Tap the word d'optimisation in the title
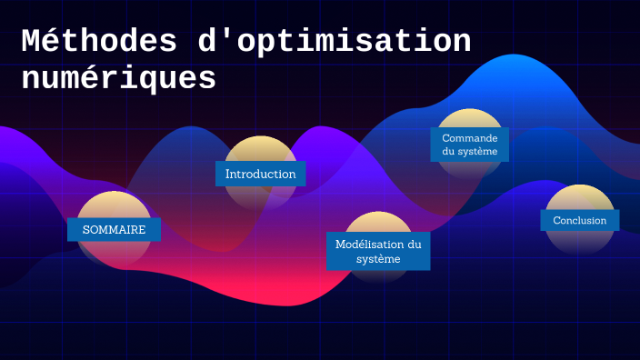(x=333, y=42)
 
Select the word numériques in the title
(x=118, y=78)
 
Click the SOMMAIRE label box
(x=115, y=230)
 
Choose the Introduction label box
(x=260, y=174)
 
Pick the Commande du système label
(x=469, y=144)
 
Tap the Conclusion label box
(x=580, y=220)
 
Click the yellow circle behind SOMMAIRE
(x=114, y=205)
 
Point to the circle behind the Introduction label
(x=260, y=150)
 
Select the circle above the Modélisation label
(x=378, y=223)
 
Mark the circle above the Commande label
(x=469, y=119)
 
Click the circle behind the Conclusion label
(x=580, y=198)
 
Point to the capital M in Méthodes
(x=32, y=42)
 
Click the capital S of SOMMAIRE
(x=85, y=230)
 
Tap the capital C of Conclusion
(x=556, y=220)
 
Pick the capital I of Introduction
(x=228, y=174)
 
